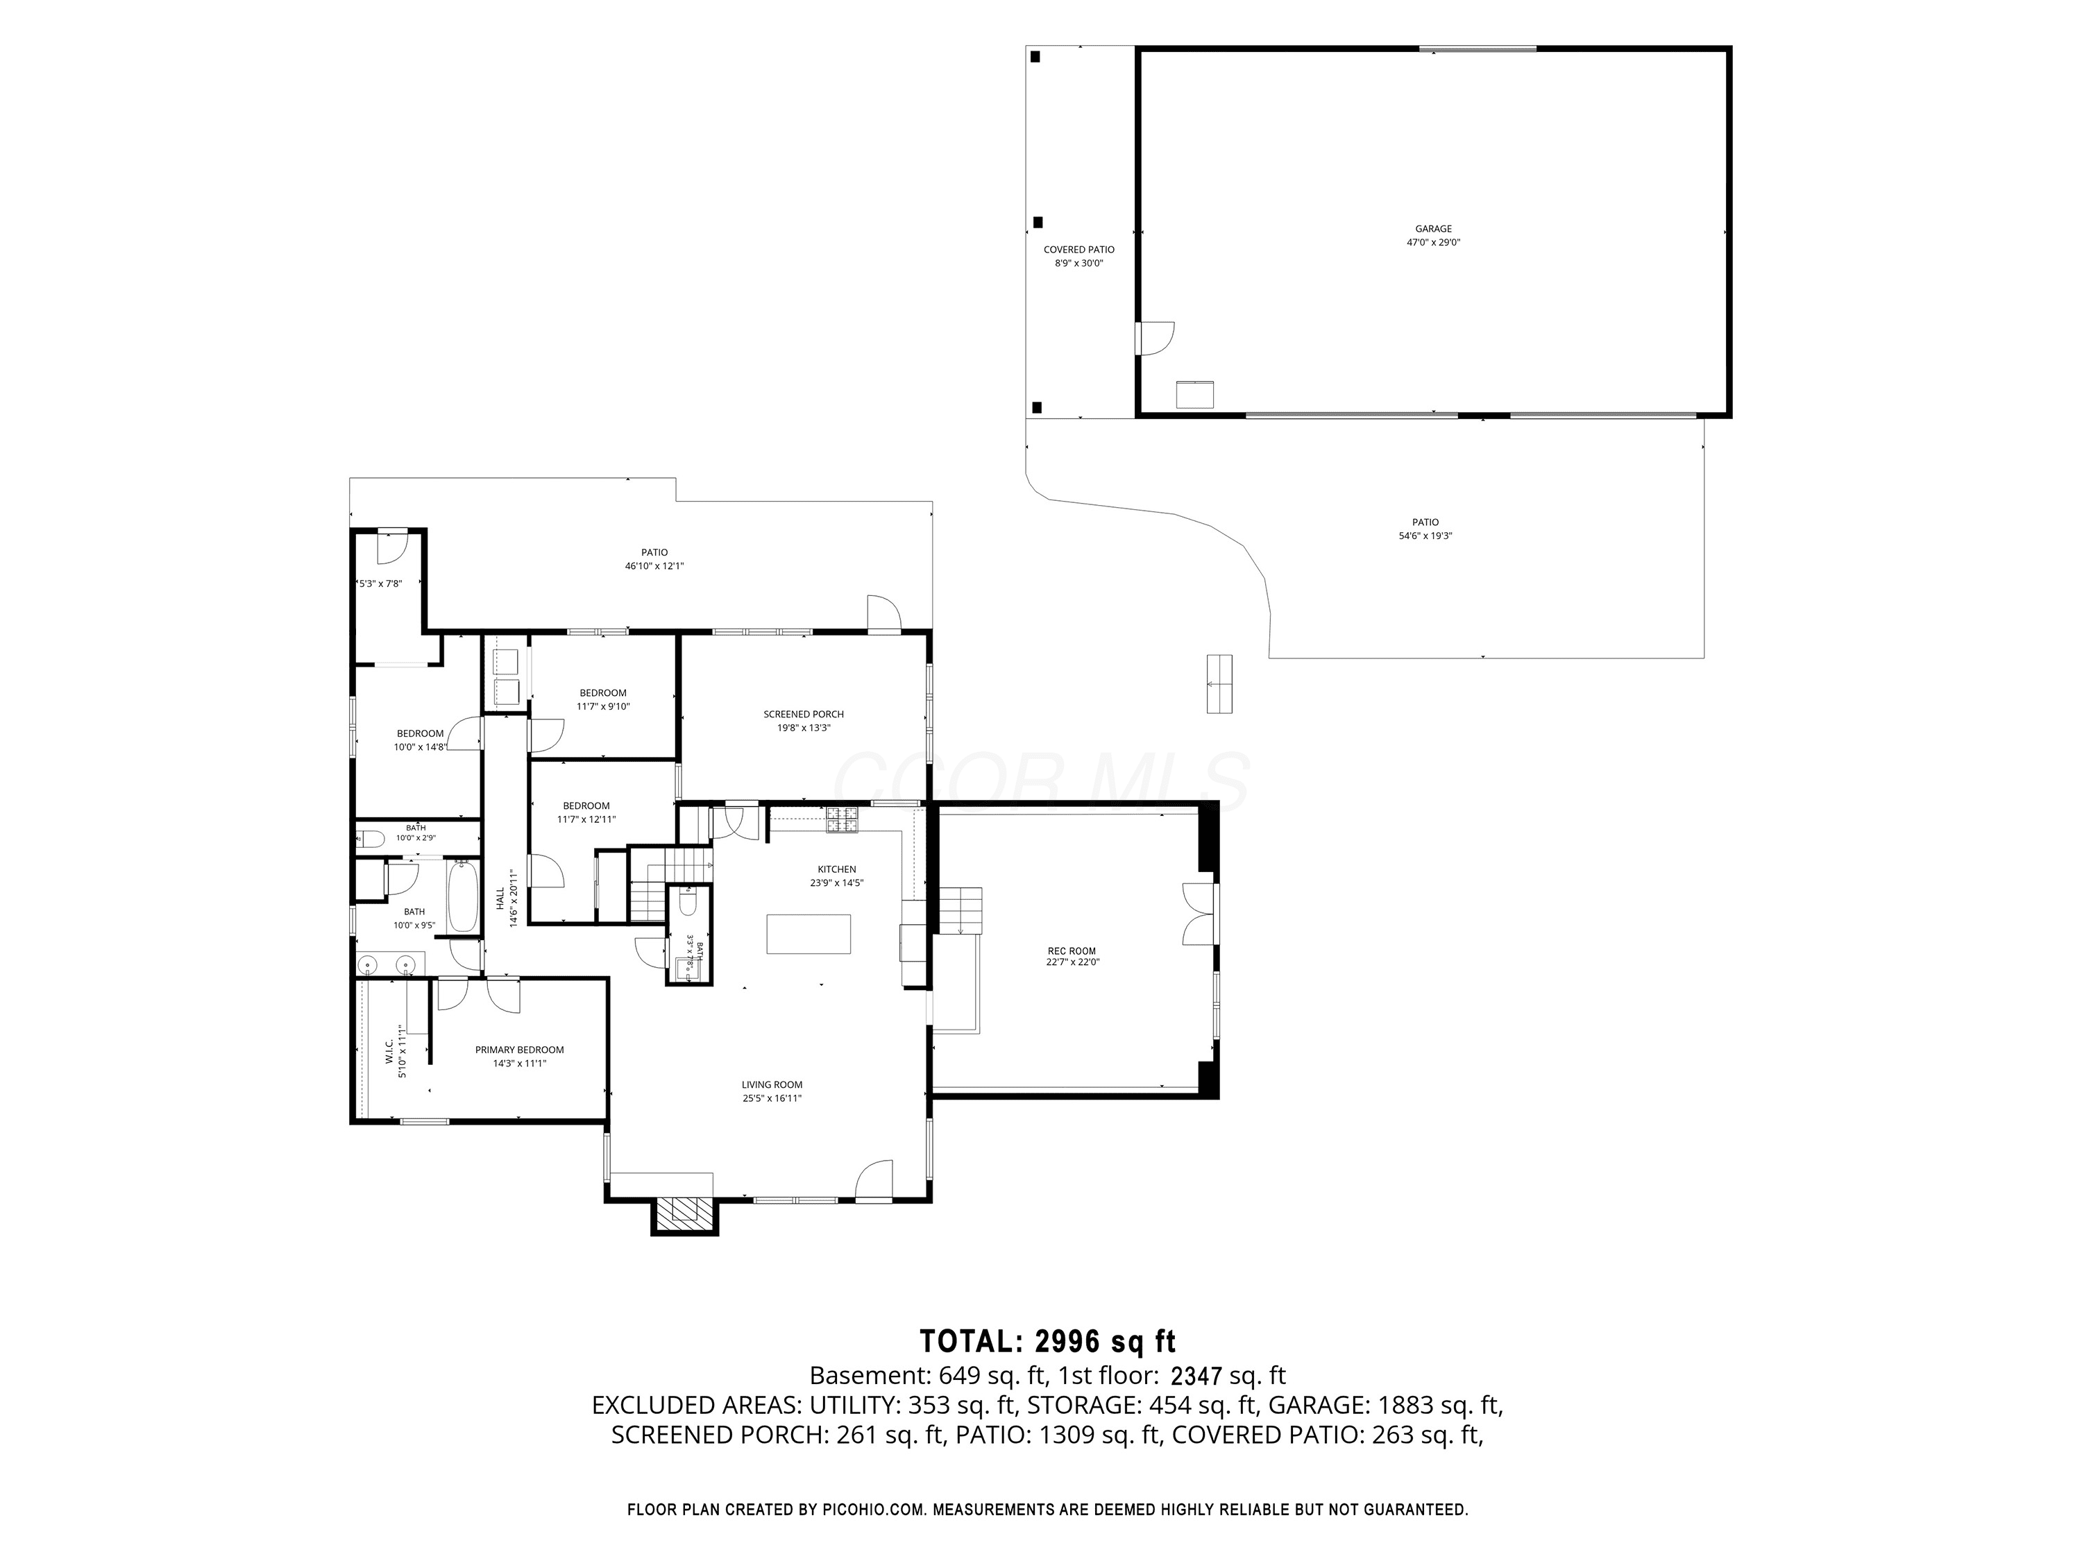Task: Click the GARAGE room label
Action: pyautogui.click(x=1434, y=229)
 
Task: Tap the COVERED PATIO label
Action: pyautogui.click(x=1078, y=249)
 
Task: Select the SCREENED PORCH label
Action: pyautogui.click(x=804, y=714)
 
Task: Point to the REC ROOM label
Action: pyautogui.click(x=1072, y=951)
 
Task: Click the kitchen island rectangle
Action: pyautogui.click(x=809, y=935)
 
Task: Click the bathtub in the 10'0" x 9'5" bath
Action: pyautogui.click(x=462, y=896)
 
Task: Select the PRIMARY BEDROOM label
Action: pyautogui.click(x=520, y=1050)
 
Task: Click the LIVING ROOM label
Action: pyautogui.click(x=772, y=1085)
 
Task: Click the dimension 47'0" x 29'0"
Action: pyautogui.click(x=1434, y=243)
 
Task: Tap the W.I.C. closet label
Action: pyautogui.click(x=389, y=1052)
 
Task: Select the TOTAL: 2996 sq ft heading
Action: pyautogui.click(x=1047, y=1341)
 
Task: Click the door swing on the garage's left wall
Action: pyautogui.click(x=1155, y=339)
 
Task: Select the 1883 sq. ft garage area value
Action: pyautogui.click(x=1439, y=1406)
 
